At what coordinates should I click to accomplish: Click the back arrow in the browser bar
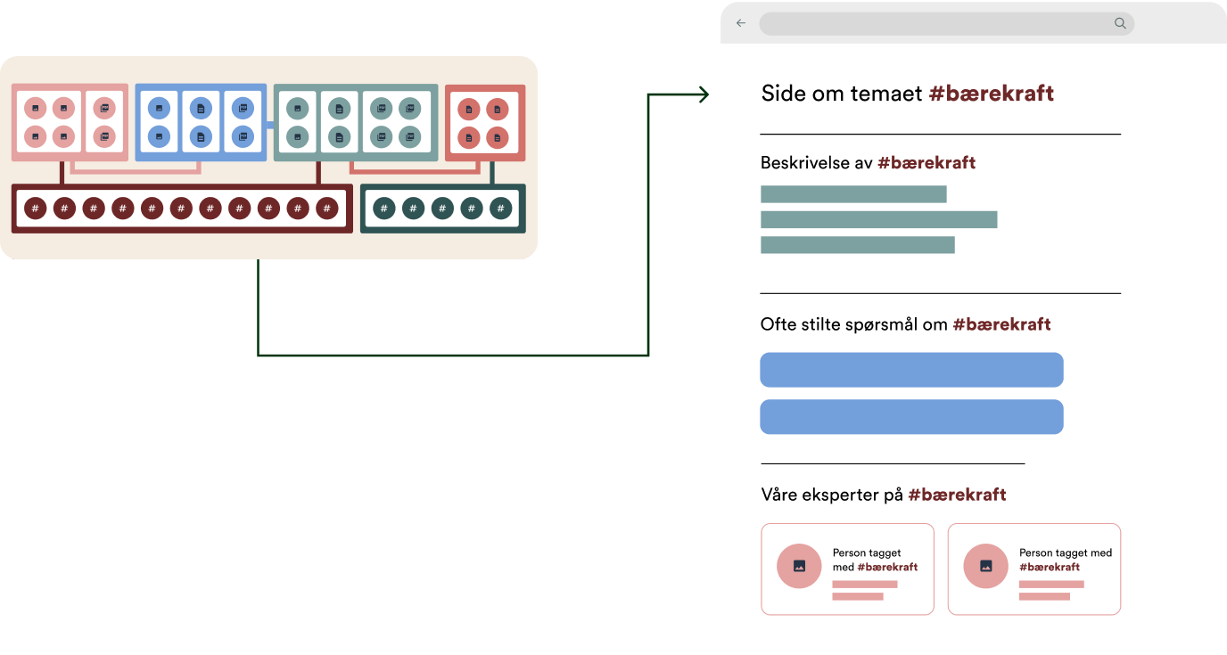point(740,23)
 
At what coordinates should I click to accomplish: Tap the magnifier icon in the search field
point(1120,23)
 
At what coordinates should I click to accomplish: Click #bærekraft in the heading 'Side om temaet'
point(991,94)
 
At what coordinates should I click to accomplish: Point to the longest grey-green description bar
point(878,219)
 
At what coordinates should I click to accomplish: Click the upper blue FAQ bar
point(911,370)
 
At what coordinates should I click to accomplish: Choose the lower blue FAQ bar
point(911,417)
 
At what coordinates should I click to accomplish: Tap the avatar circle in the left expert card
point(799,566)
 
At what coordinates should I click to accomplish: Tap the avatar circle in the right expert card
point(986,566)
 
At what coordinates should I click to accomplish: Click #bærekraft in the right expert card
point(1050,567)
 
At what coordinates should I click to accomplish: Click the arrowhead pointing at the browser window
point(704,94)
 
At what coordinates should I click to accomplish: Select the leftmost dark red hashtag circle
point(35,209)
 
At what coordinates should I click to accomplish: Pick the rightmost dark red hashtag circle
point(327,209)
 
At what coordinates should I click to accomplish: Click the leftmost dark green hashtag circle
point(383,209)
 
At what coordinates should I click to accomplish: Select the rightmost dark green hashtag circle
point(501,209)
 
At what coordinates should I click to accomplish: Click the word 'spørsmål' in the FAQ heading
point(906,324)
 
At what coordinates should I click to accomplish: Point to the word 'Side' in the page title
point(781,94)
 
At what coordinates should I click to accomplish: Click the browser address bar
point(936,23)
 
